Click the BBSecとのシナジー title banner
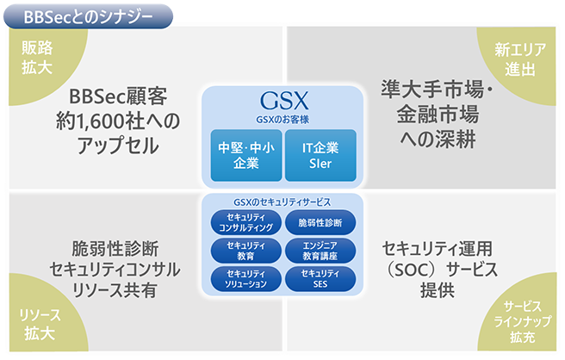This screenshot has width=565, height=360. coord(88,16)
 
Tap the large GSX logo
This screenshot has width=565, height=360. coord(284,101)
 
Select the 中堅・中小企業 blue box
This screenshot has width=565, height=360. coord(246,155)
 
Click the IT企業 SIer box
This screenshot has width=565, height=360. coord(320,155)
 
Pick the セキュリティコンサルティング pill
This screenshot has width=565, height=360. coord(246,223)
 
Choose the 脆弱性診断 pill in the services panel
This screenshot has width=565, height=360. coord(320,223)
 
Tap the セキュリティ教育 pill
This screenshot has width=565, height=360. coord(246,251)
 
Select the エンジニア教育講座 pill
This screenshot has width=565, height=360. coord(320,251)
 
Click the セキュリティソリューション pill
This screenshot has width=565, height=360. coord(246,279)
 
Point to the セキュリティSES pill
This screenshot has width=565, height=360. coord(320,279)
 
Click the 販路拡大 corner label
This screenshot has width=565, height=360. coord(37,58)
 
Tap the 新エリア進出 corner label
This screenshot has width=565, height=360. coord(520,59)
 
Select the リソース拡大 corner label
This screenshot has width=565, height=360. coord(40,325)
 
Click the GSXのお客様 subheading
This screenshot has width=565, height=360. coord(282,120)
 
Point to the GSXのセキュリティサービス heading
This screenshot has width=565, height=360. coord(282,202)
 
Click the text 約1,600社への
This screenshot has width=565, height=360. coord(118,121)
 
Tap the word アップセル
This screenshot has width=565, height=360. coord(118,146)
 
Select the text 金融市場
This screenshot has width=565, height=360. coord(438,115)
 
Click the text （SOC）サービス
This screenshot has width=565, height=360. coord(440,270)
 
